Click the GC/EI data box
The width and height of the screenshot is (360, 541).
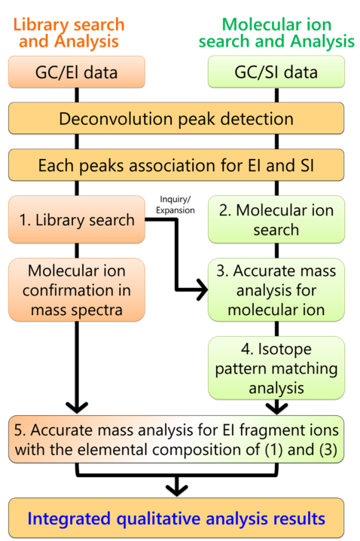coord(77,72)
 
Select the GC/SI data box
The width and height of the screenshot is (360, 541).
coord(276,72)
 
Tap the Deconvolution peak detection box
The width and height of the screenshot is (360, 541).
coord(176,118)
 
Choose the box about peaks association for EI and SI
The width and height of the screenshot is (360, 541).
coord(176,165)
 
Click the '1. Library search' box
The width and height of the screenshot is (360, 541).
coord(77,219)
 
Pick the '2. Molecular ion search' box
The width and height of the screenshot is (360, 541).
coord(276,219)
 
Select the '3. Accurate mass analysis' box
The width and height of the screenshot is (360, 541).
coord(276,290)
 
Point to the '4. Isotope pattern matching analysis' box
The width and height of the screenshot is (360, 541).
coord(276,368)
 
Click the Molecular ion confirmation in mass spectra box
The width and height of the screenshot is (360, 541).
coord(77,290)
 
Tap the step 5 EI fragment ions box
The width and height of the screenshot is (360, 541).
coord(176,439)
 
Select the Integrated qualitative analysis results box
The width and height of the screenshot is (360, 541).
coord(176,518)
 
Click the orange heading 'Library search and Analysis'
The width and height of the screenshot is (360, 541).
coord(69,33)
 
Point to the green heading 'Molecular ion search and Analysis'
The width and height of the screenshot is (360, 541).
coord(276,33)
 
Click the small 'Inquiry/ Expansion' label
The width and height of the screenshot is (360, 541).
coord(175,205)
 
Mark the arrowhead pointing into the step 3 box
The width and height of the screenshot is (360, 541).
coord(202,289)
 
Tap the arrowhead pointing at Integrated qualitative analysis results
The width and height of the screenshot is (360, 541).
coord(176,491)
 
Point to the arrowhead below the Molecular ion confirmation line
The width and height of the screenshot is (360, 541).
coord(77,408)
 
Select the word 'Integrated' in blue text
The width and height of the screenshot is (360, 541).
coord(70,518)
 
